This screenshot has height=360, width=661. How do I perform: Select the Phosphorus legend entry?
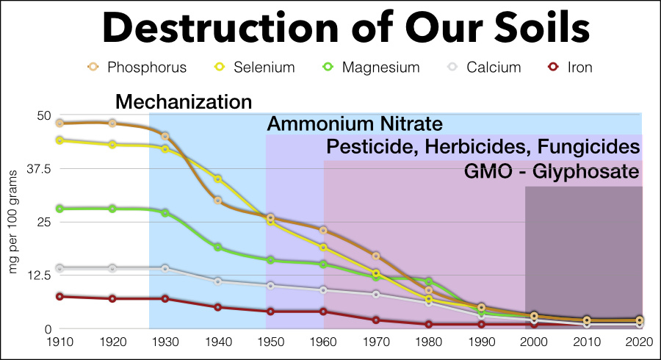tap(136, 68)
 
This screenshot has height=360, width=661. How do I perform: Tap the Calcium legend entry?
tap(485, 68)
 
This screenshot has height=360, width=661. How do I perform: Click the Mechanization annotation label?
tap(184, 102)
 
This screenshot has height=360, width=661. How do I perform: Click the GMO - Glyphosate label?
tap(552, 172)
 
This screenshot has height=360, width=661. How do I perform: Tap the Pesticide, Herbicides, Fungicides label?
tap(483, 147)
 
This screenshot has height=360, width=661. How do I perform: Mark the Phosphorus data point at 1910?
tap(59, 123)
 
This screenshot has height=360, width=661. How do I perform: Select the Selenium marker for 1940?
tap(217, 179)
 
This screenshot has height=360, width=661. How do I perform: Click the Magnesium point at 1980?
tap(429, 282)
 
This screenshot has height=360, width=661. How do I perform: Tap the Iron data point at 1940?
tap(217, 307)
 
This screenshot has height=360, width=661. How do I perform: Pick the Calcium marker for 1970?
tap(376, 295)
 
